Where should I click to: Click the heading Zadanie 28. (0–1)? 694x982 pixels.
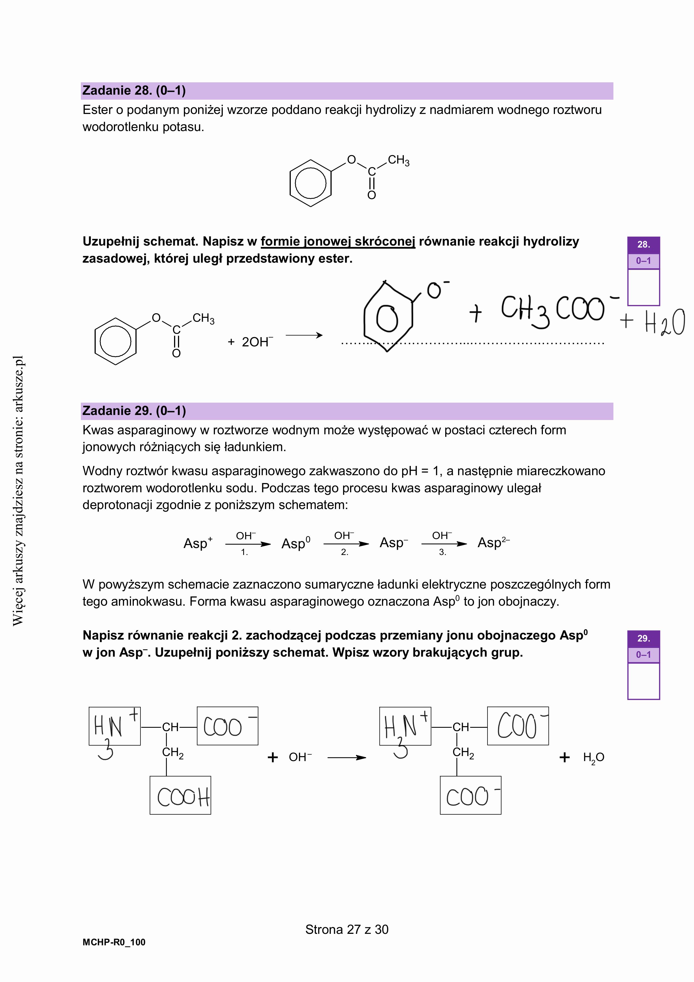[x=134, y=91]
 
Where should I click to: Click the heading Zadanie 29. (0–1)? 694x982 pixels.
[x=134, y=411]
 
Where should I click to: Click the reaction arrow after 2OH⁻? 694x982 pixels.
[x=304, y=335]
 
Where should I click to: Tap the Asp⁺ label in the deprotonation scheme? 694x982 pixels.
[x=198, y=543]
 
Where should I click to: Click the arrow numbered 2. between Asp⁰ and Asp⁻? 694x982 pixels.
[x=346, y=544]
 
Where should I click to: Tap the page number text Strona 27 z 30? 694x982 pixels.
[x=346, y=929]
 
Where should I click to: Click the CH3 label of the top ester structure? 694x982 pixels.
[x=398, y=160]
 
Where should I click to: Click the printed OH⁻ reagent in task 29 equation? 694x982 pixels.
[x=300, y=757]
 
